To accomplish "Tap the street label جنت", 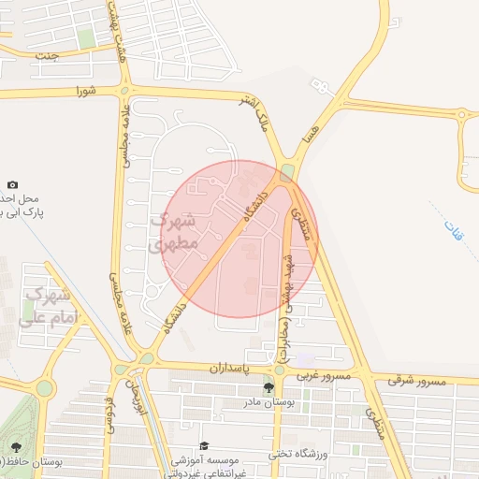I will (x=46, y=55).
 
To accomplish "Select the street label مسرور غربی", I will (x=324, y=375).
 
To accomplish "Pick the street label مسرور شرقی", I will (x=414, y=381).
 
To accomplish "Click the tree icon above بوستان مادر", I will (x=269, y=387).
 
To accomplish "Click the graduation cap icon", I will (x=205, y=447).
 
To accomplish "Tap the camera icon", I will (x=12, y=186).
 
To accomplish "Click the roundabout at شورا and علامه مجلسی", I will (x=123, y=91).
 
